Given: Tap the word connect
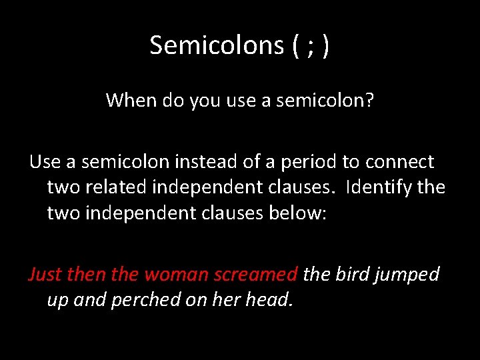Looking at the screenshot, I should click(x=404, y=161).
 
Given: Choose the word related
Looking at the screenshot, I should click(x=114, y=187).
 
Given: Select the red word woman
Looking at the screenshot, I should click(x=171, y=274).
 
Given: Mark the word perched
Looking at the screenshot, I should click(x=138, y=299).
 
